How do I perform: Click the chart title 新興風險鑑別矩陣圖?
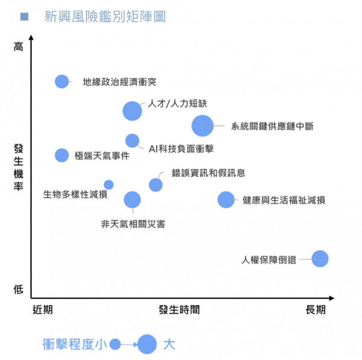coord(104,17)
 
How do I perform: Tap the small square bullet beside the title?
coord(24,17)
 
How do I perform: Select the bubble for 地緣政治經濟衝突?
coord(62,81)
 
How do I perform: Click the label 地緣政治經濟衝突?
coord(119,81)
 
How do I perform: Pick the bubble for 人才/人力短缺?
coord(132,111)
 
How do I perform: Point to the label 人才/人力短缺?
coord(177,104)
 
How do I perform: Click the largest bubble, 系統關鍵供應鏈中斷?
coord(202,126)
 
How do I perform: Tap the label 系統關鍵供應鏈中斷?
coord(272,127)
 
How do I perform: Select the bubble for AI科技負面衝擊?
coord(132,141)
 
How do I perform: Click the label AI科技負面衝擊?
coord(181,148)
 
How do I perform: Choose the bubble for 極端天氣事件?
coord(62,155)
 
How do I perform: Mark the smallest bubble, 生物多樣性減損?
coord(109,185)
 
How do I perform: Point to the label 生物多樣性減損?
coord(75,194)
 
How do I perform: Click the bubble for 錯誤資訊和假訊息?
coord(156,185)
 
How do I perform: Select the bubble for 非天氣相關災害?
coord(132,200)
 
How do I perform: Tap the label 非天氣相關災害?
coord(133,224)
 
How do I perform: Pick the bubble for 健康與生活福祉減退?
coord(226,200)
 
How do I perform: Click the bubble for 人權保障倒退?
coord(320,259)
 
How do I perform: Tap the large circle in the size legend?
coord(147,344)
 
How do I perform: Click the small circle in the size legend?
coord(115,344)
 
